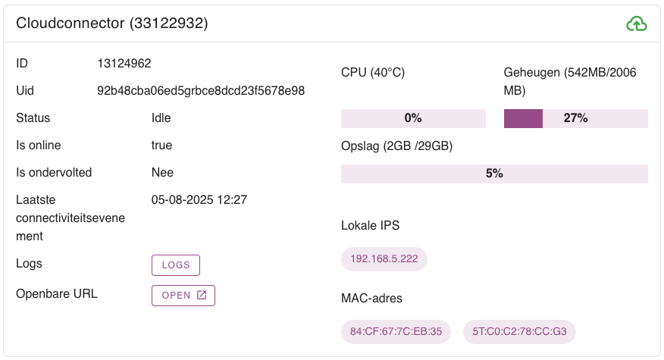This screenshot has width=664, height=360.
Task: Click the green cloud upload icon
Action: (x=637, y=24)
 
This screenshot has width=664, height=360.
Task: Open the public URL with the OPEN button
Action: (x=183, y=295)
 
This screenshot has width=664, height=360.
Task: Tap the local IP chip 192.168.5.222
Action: (x=384, y=258)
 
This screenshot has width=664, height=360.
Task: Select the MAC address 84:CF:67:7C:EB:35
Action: (x=396, y=331)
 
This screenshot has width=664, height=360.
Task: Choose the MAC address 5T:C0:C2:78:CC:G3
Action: (x=519, y=331)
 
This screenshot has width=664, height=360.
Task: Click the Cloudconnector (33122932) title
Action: (x=112, y=23)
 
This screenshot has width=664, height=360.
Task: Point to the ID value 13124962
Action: (x=130, y=64)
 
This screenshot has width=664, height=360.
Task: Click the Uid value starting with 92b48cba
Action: (x=201, y=91)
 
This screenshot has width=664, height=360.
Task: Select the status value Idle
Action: (x=161, y=118)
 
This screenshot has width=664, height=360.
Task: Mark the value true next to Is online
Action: (x=161, y=146)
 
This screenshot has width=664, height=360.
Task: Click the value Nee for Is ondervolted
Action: (x=162, y=173)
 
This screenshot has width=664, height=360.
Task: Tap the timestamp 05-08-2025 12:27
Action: (x=199, y=200)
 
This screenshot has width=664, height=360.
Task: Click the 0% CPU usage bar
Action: (x=413, y=118)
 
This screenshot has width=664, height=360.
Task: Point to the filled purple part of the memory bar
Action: (x=523, y=118)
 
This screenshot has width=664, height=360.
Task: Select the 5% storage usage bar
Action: (x=494, y=174)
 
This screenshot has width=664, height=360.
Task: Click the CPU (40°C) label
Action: (x=373, y=73)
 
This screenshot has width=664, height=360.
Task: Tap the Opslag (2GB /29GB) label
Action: (x=396, y=146)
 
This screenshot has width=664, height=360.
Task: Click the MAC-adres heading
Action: (x=371, y=299)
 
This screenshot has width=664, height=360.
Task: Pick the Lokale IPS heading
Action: (x=370, y=225)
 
